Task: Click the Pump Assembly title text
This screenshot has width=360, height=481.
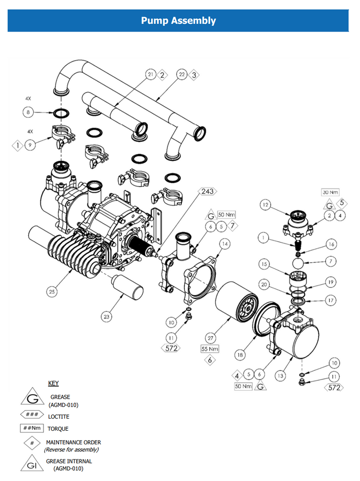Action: pos(179,21)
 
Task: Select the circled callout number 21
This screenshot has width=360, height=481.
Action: pos(150,75)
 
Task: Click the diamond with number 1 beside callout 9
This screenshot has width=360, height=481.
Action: pos(18,146)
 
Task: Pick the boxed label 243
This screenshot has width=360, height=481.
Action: pos(207,191)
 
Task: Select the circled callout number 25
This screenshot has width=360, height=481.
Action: pos(52,292)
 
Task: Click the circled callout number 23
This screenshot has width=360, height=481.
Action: pos(107,317)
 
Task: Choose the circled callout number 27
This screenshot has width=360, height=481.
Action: pos(210,337)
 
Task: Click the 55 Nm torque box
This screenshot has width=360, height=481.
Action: pos(210,349)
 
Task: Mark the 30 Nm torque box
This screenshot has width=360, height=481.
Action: pos(330,193)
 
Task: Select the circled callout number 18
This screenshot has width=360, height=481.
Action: pos(240,356)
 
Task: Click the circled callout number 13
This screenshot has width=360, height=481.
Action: pos(281,375)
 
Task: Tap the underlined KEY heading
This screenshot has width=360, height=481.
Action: pos(54,383)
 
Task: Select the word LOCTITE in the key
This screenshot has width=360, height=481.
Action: pos(58,417)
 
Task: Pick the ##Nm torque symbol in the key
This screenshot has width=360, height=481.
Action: pos(32,428)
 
